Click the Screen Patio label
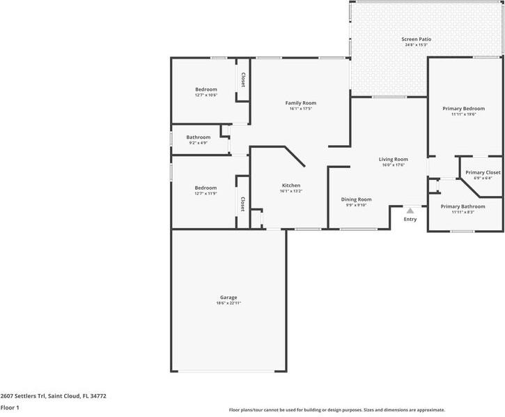(x=417, y=39)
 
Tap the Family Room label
(x=301, y=103)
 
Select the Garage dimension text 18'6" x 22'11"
(x=228, y=303)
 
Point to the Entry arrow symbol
(x=410, y=210)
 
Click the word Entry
(x=410, y=220)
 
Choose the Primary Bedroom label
(x=463, y=109)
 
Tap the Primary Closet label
(x=483, y=172)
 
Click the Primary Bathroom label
(x=463, y=206)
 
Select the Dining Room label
(x=356, y=199)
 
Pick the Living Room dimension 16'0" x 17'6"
(x=394, y=165)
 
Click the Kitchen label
(x=291, y=185)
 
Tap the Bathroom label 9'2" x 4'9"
(x=199, y=143)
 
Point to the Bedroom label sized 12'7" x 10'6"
(x=206, y=89)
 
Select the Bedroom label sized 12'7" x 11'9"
(x=205, y=188)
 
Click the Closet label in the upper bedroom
(x=243, y=79)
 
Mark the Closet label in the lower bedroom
(x=242, y=204)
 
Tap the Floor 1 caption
(x=10, y=407)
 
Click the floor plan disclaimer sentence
(x=337, y=410)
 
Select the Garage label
(x=228, y=298)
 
